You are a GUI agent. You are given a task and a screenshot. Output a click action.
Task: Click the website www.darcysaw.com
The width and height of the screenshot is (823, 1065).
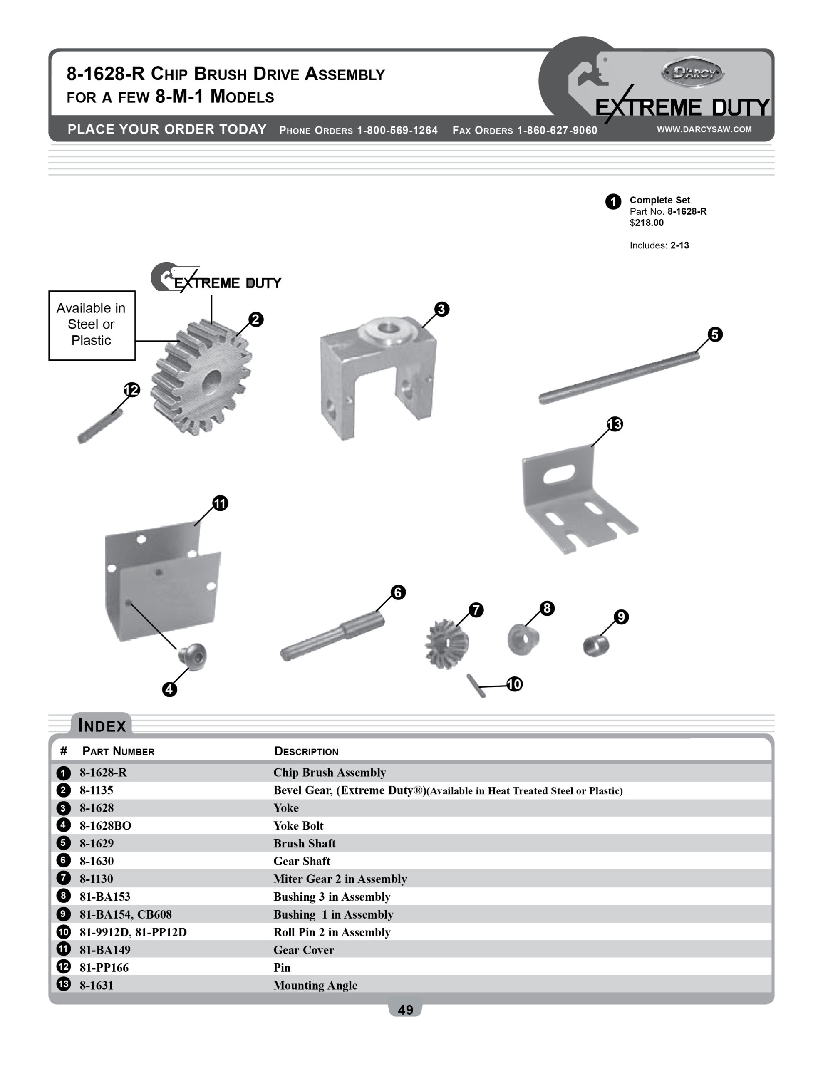click(704, 129)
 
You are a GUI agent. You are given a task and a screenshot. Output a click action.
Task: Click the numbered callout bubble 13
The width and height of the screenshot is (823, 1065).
click(615, 424)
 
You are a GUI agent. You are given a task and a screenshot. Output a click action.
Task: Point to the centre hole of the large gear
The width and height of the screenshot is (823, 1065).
click(212, 380)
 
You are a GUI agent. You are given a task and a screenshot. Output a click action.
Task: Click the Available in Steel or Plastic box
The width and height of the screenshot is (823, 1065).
click(92, 325)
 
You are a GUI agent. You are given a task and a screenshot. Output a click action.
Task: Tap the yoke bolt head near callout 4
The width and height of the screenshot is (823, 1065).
click(193, 656)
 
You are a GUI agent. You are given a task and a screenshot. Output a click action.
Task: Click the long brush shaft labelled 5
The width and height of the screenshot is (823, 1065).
click(619, 377)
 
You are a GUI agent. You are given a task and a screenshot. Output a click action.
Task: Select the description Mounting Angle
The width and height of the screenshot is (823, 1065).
click(315, 985)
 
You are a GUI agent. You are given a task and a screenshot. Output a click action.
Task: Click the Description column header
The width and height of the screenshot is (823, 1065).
click(306, 751)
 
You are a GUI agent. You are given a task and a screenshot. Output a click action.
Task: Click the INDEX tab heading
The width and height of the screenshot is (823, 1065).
click(102, 726)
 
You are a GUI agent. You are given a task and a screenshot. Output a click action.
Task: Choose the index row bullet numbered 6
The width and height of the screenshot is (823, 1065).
click(63, 860)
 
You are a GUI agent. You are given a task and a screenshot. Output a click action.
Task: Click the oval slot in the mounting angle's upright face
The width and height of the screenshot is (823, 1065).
click(559, 474)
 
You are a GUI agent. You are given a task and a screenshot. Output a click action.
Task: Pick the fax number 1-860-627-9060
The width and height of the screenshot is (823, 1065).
click(557, 130)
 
